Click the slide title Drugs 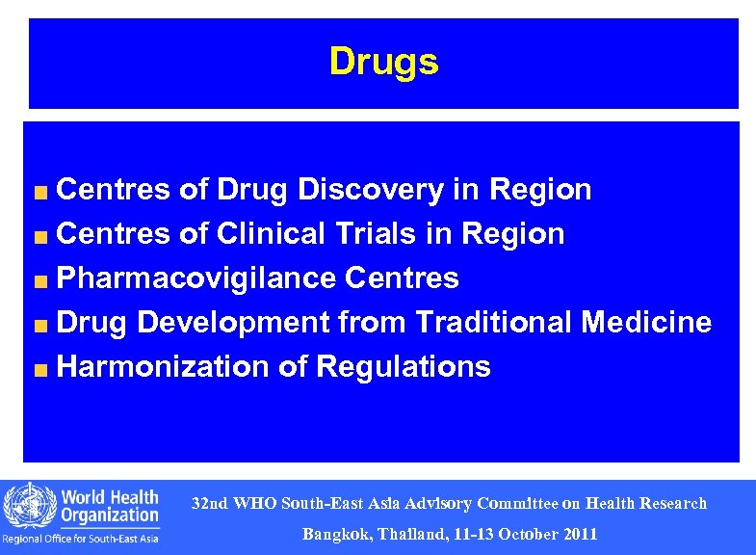[383, 62]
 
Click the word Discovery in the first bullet [370, 190]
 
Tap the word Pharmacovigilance [196, 278]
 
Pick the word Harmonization [163, 366]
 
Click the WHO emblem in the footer [28, 506]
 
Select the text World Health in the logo [110, 497]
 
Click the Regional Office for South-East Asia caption [81, 539]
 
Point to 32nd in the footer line [209, 503]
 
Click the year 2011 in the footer [580, 534]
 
